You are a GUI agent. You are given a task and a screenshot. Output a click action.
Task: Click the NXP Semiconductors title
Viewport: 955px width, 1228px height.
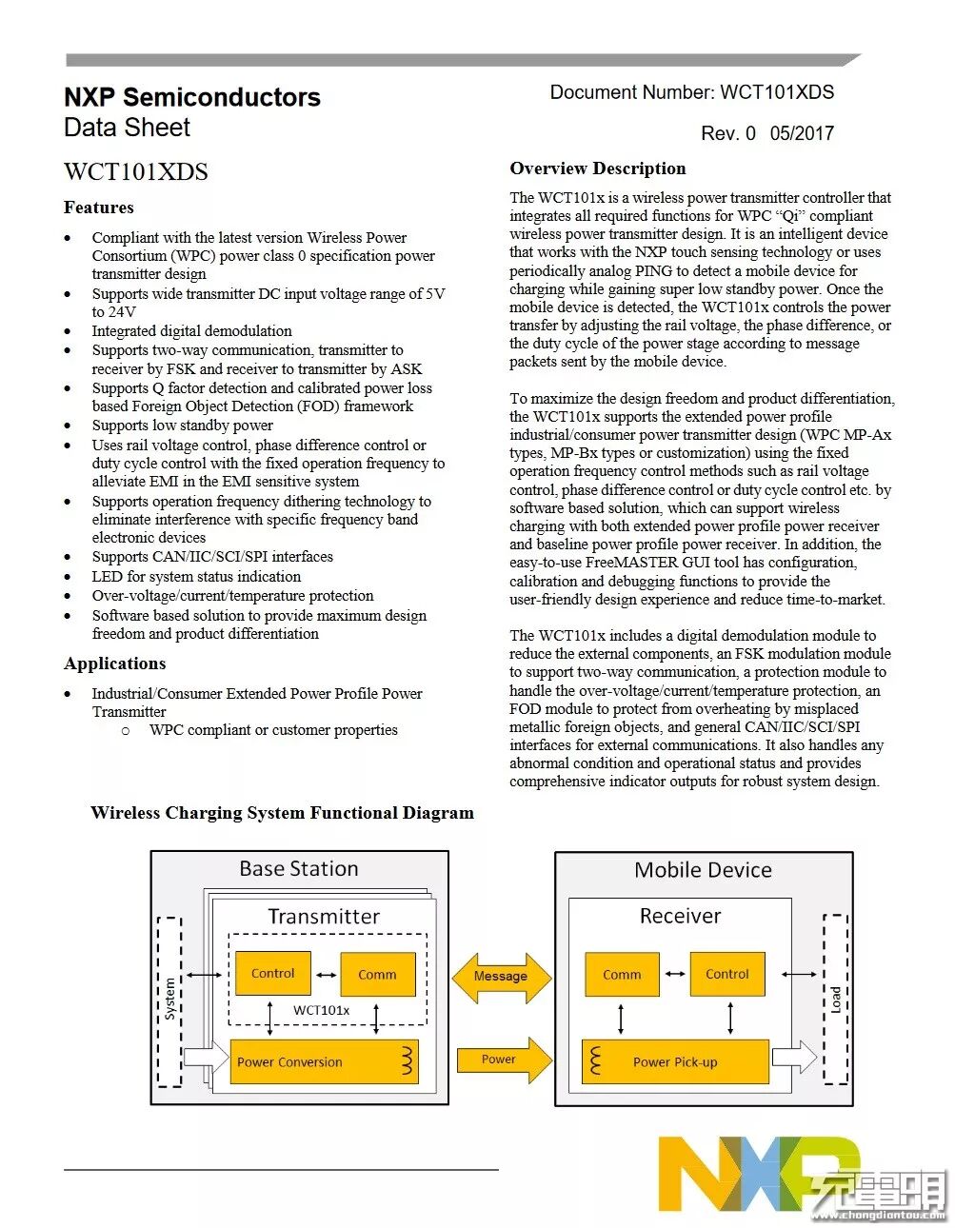click(x=191, y=97)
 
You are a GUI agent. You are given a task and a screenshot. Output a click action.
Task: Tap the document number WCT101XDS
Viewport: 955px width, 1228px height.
click(x=691, y=92)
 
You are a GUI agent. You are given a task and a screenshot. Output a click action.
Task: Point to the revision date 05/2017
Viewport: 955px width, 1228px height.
click(x=802, y=133)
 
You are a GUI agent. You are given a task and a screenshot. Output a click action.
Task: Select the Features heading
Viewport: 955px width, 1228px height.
click(x=98, y=208)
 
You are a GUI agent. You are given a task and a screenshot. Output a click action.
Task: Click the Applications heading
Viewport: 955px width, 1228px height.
click(x=114, y=664)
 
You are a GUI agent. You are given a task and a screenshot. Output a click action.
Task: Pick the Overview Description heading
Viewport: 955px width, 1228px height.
click(x=597, y=168)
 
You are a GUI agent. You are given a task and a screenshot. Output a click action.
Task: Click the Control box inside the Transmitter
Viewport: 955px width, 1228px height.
click(x=273, y=974)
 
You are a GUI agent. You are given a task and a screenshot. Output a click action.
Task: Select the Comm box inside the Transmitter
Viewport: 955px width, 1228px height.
click(x=377, y=975)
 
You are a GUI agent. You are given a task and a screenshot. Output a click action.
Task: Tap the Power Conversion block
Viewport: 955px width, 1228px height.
click(x=324, y=1061)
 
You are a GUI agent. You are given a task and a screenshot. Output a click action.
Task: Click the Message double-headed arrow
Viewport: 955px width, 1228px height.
click(x=501, y=976)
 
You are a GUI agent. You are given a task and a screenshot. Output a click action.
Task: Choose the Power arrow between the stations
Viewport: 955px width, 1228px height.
click(x=503, y=1060)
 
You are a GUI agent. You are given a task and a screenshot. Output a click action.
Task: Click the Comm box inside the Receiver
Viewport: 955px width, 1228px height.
click(x=622, y=975)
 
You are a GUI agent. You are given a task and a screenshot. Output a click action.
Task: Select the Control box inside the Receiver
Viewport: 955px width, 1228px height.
click(x=727, y=974)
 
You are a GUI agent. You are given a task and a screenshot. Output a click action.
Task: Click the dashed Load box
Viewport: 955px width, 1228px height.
click(x=835, y=999)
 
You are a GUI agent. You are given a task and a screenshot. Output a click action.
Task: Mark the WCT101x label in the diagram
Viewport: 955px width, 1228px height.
click(x=321, y=1010)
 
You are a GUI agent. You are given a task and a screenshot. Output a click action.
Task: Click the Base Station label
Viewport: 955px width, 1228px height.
click(x=299, y=868)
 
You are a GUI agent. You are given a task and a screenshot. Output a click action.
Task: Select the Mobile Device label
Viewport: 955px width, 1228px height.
click(x=703, y=869)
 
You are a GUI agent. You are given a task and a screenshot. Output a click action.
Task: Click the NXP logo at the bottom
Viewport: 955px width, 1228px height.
click(x=752, y=1175)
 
